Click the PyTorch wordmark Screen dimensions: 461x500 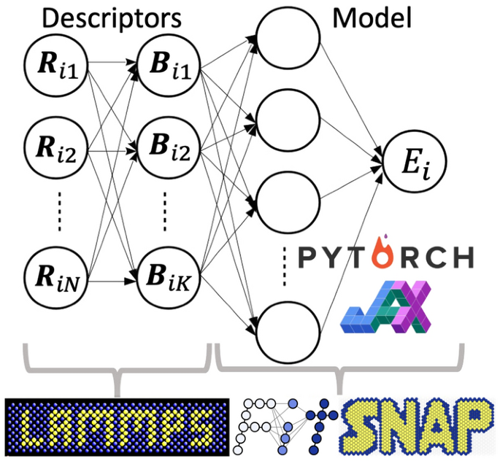point(385,257)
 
